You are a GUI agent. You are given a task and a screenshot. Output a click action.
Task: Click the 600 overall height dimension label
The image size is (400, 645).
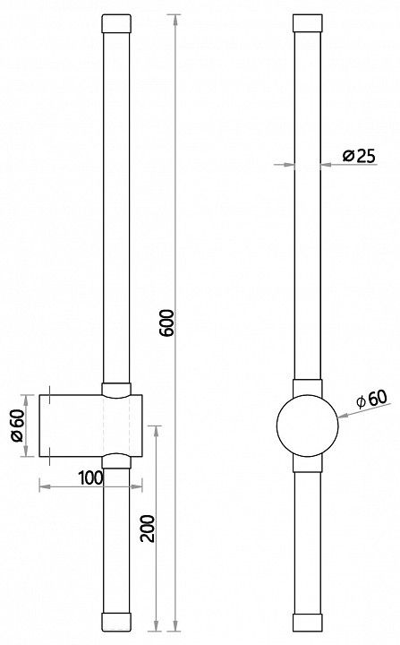tap(167, 322)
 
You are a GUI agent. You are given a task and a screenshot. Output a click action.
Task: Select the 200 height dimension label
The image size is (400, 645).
tap(148, 529)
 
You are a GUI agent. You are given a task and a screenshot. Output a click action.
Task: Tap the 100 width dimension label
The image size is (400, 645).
tap(90, 477)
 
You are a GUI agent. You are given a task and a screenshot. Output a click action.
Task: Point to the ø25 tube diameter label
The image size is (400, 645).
tap(359, 156)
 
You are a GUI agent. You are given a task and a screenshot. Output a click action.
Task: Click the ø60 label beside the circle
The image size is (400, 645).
tap(371, 399)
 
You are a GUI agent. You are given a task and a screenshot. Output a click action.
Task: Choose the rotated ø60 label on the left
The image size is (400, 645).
tap(18, 426)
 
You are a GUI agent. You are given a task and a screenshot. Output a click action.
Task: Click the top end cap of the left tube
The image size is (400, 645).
tap(116, 23)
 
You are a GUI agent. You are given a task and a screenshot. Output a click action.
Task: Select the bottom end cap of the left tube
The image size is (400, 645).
tap(116, 622)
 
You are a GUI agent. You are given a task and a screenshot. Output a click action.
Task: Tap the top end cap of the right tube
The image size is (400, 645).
tap(308, 23)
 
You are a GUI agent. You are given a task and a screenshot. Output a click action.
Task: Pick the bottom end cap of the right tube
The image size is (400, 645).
tap(308, 623)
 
